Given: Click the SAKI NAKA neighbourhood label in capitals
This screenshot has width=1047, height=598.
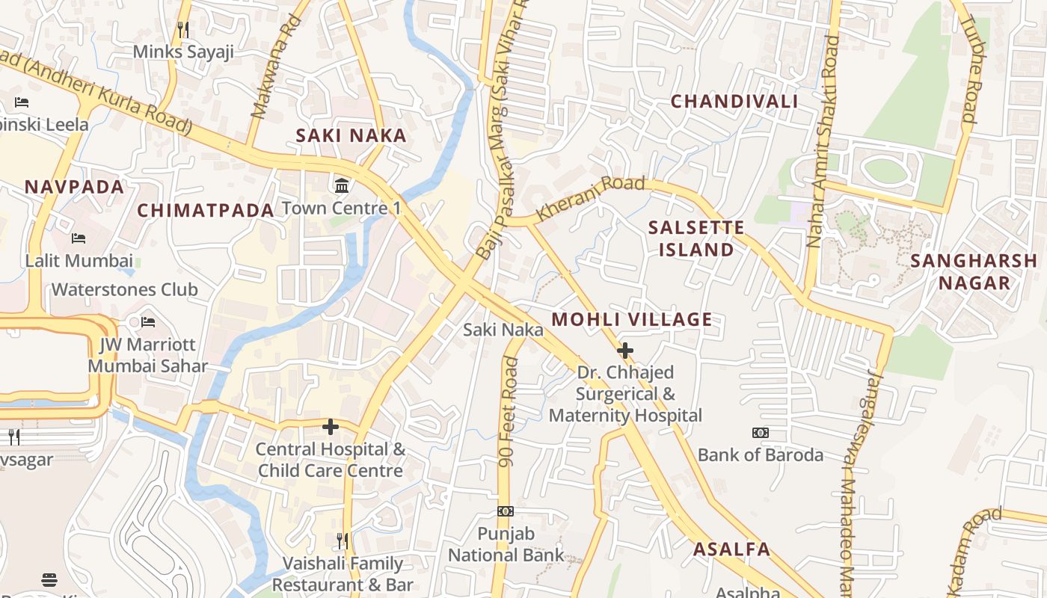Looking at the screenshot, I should click(x=351, y=135).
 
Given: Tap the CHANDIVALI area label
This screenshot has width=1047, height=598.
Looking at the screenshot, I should click(x=734, y=101).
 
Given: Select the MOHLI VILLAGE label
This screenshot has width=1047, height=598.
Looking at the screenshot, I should click(x=632, y=320).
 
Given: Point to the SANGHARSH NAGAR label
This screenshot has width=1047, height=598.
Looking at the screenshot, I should click(x=974, y=271).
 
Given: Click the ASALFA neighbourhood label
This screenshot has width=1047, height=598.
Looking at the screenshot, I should click(x=731, y=549).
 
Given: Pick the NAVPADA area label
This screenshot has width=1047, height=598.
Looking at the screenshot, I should click(x=74, y=187).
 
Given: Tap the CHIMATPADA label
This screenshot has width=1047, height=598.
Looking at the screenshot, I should click(x=206, y=211).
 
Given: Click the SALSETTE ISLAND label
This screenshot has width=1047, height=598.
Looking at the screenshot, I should click(x=696, y=238).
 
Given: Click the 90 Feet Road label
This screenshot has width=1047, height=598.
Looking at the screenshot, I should click(x=509, y=412).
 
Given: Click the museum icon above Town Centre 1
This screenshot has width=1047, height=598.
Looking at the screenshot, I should click(x=342, y=185).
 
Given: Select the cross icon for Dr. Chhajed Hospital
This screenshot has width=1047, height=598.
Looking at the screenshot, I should click(x=624, y=350).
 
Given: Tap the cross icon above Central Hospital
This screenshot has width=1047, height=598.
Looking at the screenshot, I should click(x=330, y=427).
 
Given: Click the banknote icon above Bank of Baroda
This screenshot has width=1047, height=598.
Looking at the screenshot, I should click(x=760, y=433).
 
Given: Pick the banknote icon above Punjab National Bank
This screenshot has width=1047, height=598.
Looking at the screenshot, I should click(x=506, y=511).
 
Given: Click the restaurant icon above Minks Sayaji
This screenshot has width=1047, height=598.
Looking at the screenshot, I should click(x=182, y=29).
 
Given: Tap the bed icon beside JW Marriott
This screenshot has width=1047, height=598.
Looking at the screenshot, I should click(x=148, y=322).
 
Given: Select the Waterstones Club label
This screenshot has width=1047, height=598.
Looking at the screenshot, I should click(x=124, y=289).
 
